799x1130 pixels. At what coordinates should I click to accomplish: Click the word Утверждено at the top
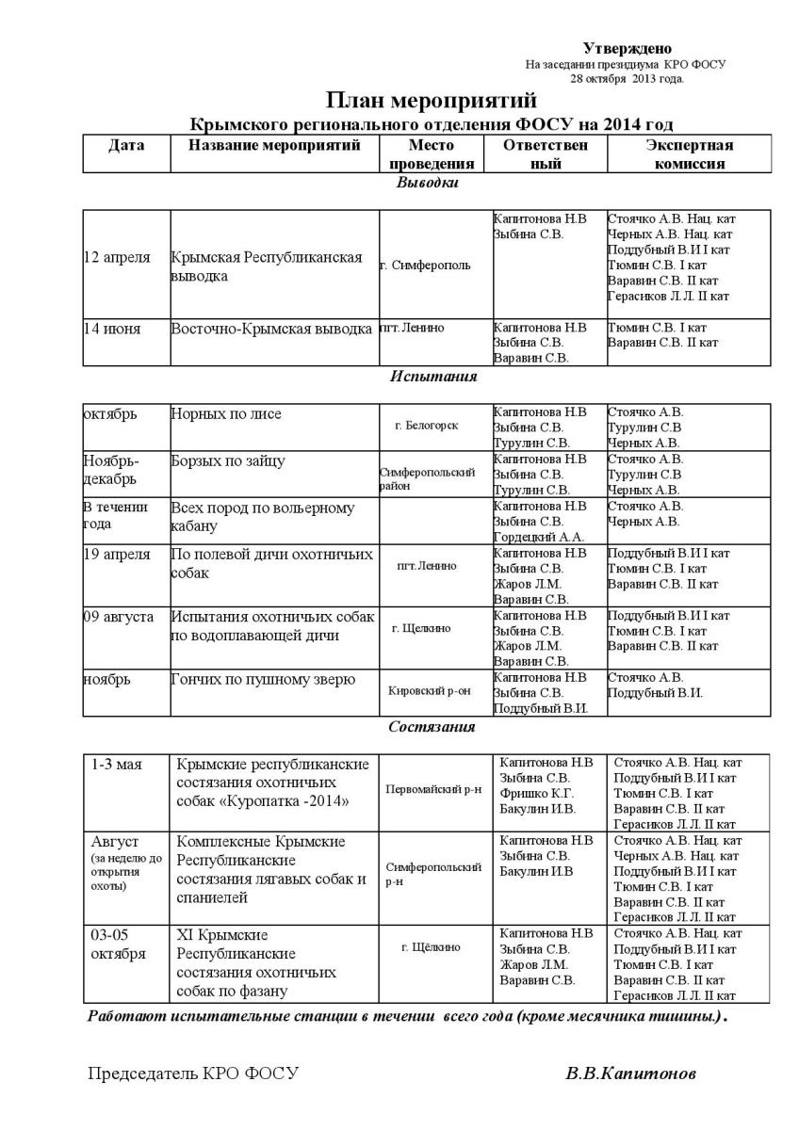628,48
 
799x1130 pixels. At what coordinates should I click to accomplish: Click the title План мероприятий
432,101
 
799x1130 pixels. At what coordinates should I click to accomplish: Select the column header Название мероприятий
274,146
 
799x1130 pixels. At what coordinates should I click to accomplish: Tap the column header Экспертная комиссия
689,154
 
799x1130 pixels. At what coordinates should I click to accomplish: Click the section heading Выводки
427,183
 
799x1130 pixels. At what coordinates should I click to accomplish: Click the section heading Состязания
432,727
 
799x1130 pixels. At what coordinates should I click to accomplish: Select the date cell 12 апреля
118,258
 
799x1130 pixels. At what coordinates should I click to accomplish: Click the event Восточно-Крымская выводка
271,329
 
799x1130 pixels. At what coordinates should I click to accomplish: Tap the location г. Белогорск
427,426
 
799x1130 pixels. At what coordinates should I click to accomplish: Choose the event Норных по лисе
226,413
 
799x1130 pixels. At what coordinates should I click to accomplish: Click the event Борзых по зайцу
228,460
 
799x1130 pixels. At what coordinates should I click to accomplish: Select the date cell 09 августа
119,616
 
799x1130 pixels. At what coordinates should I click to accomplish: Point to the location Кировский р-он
429,690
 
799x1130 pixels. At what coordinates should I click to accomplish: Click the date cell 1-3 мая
116,764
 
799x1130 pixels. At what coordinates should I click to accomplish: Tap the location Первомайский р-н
433,789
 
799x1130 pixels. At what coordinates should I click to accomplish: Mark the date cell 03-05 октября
119,944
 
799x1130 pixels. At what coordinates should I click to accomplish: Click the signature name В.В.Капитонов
631,1073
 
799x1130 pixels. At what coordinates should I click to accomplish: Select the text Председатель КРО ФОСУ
192,1073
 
